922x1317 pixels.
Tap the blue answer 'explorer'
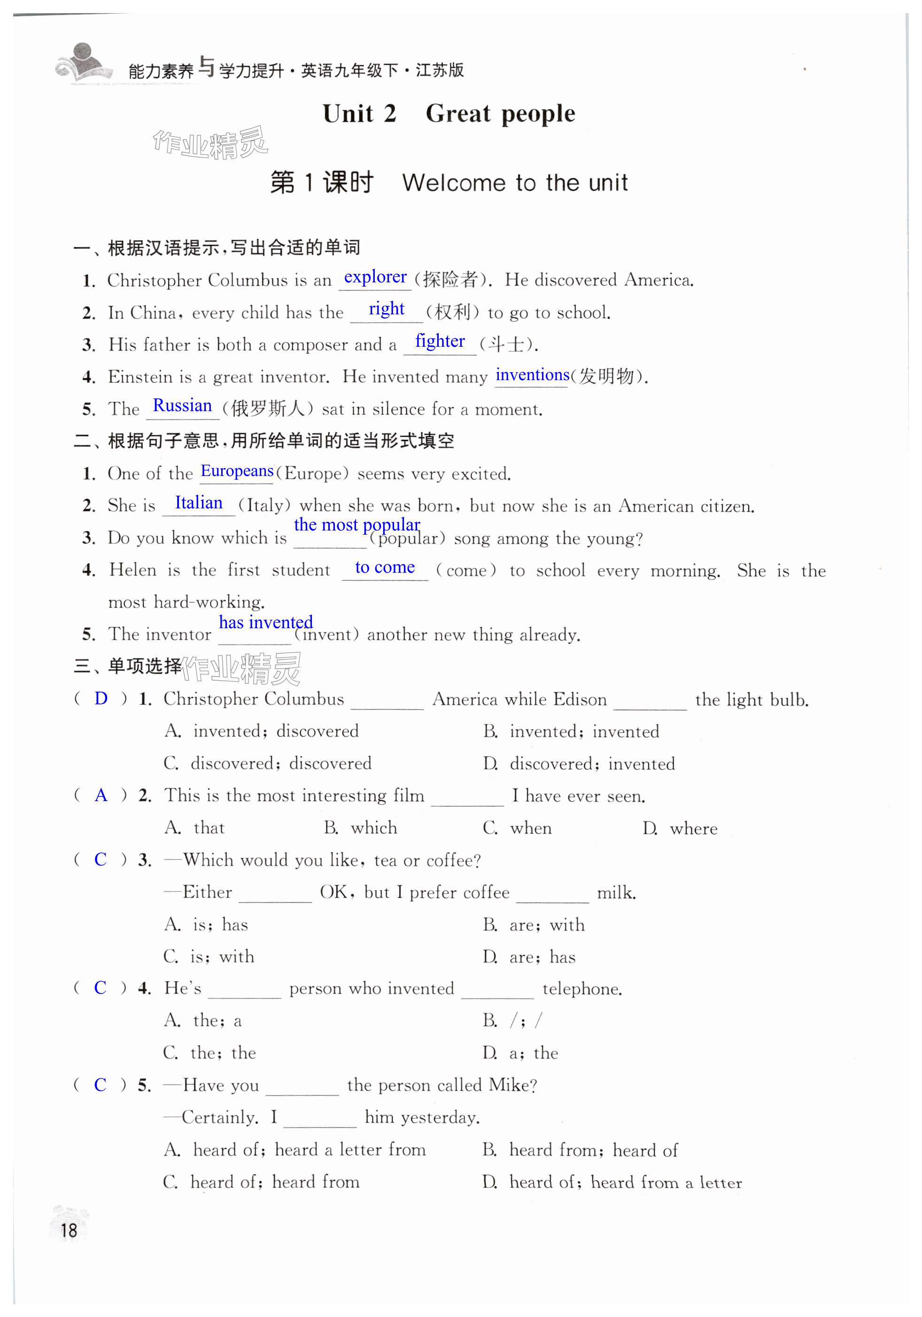(x=375, y=277)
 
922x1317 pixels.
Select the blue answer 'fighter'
(x=440, y=341)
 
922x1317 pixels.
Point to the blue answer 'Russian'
(x=182, y=405)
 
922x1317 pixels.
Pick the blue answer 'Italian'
(x=198, y=503)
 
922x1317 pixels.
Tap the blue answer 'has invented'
(x=265, y=623)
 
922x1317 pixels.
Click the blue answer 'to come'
(x=385, y=567)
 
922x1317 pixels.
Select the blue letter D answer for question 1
(x=101, y=699)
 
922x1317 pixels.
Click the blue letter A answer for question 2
(x=101, y=795)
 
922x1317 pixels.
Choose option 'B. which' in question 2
(x=361, y=828)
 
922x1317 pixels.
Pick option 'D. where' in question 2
(x=680, y=828)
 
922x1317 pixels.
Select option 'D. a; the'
(x=520, y=1052)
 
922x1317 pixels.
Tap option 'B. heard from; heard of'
(x=580, y=1150)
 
